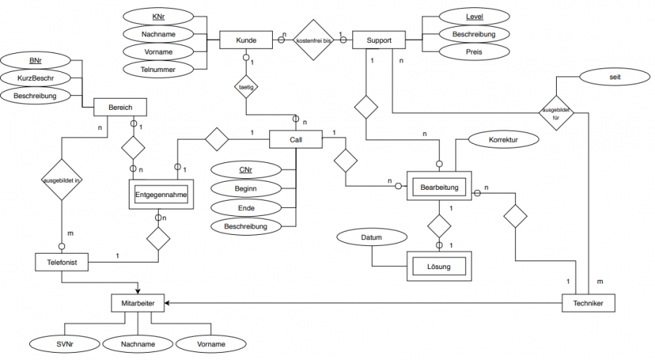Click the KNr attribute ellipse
(159, 16)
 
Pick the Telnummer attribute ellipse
(159, 68)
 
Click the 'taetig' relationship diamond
(246, 88)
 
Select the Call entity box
(295, 138)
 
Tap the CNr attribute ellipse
(246, 170)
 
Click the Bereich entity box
(120, 108)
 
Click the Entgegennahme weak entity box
(162, 194)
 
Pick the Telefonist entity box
(62, 260)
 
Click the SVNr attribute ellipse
(61, 343)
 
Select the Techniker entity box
(589, 302)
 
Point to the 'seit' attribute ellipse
(606, 76)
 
